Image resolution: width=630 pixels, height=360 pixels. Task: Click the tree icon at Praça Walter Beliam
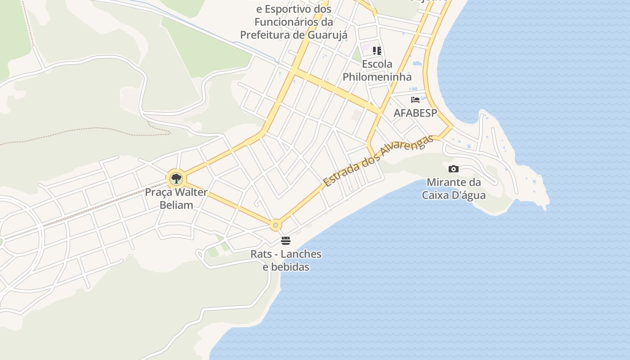tap(176, 179)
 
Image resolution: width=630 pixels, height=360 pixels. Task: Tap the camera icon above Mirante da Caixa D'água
tap(454, 169)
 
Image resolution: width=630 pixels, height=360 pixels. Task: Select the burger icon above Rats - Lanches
tap(286, 241)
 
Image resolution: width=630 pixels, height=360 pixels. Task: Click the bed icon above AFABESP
tap(415, 100)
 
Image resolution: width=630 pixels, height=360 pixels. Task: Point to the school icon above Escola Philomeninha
tap(377, 51)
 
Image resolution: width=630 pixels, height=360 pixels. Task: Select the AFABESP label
tap(415, 113)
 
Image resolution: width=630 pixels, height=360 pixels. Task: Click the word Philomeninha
tap(377, 76)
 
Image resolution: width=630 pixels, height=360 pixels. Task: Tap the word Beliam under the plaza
tap(176, 205)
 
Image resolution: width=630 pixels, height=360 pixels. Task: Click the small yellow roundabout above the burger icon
tap(276, 225)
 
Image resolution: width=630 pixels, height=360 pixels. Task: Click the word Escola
tap(377, 64)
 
